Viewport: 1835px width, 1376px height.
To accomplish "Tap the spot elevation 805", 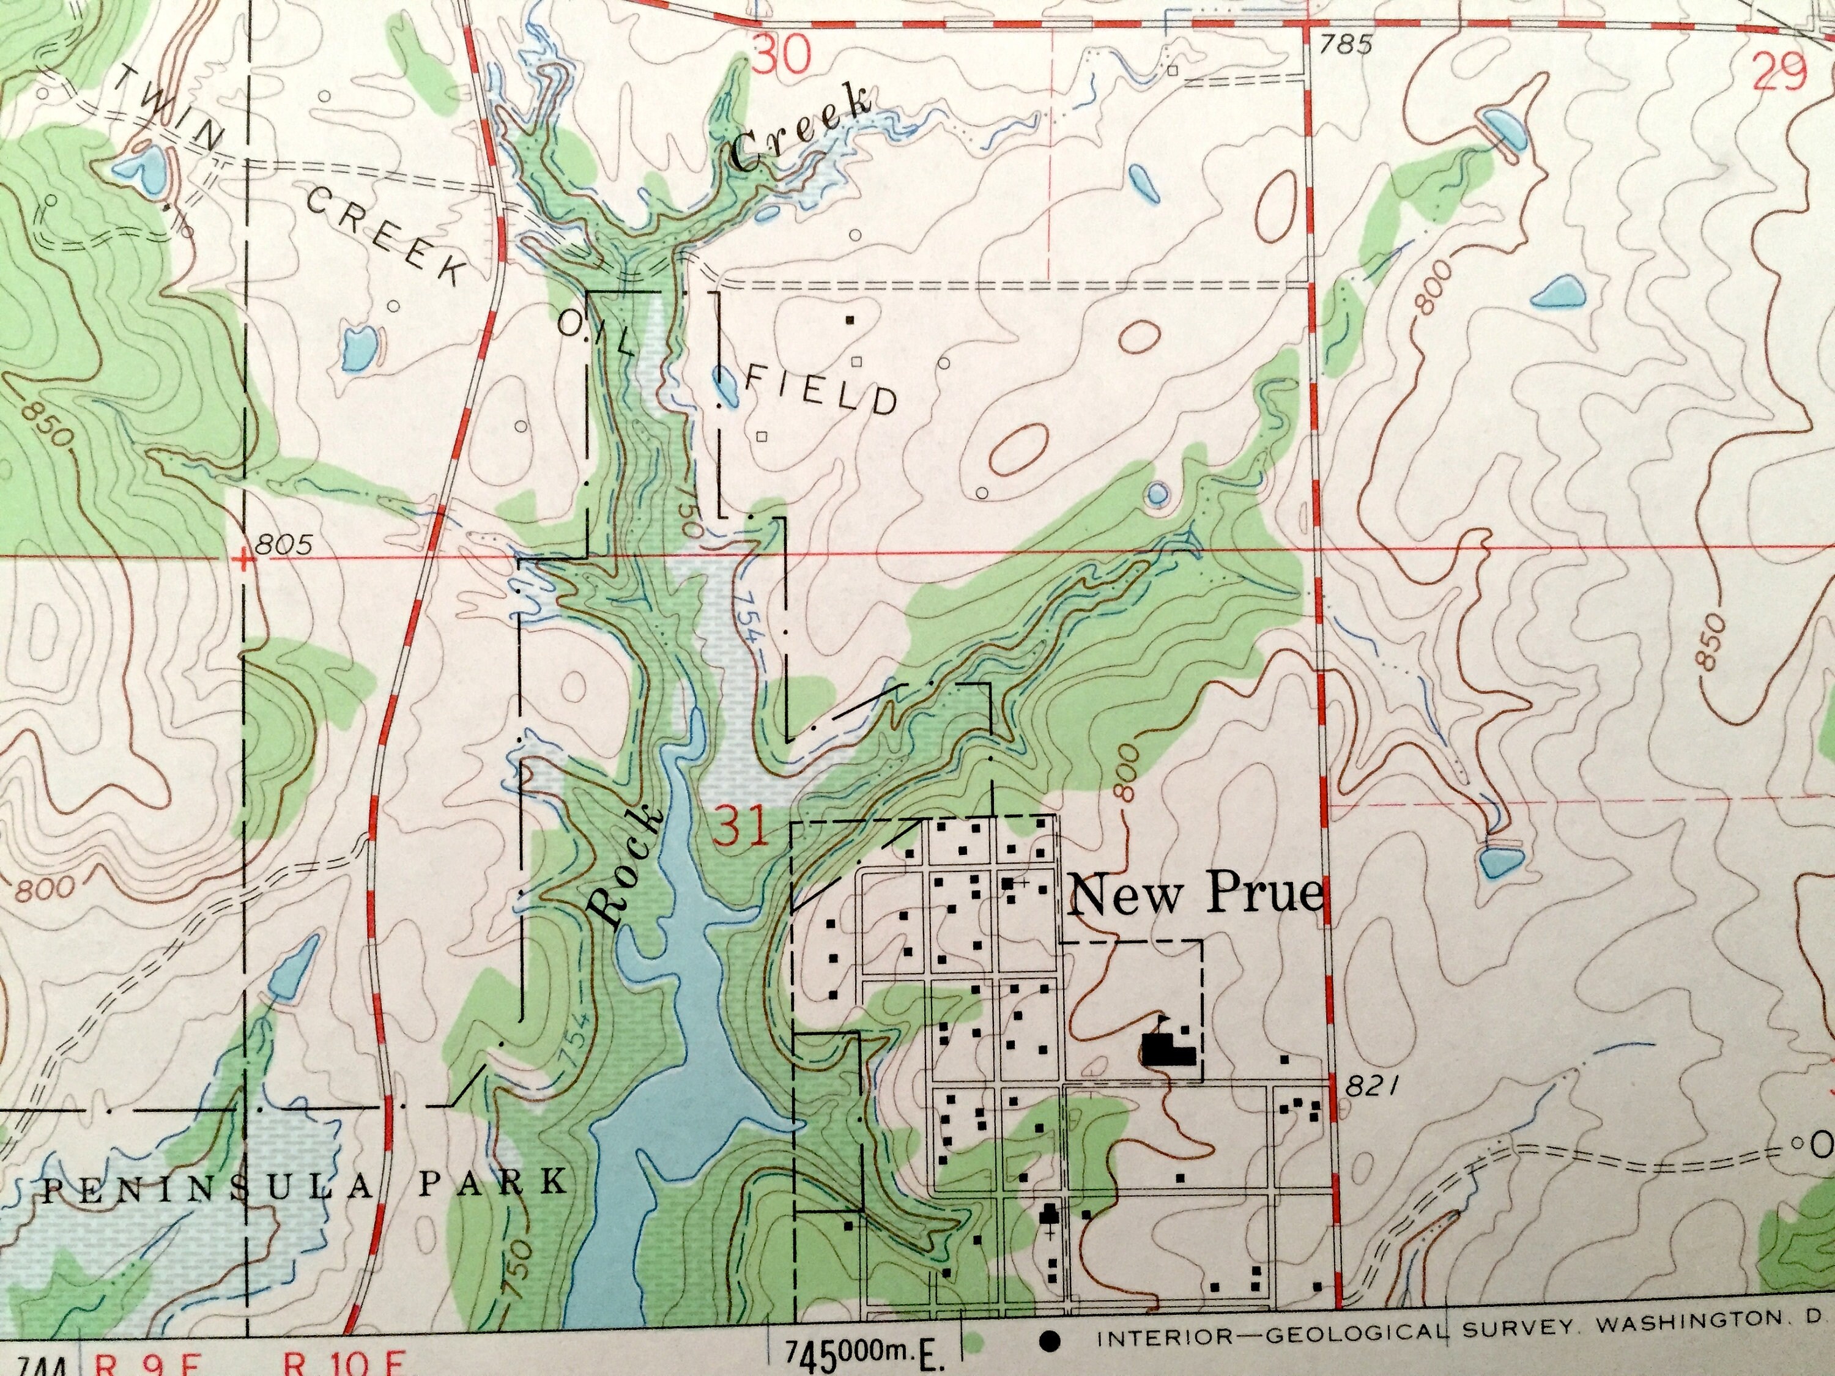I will [284, 545].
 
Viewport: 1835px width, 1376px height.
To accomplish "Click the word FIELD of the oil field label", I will [821, 390].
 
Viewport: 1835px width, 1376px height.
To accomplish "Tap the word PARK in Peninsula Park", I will [493, 1180].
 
